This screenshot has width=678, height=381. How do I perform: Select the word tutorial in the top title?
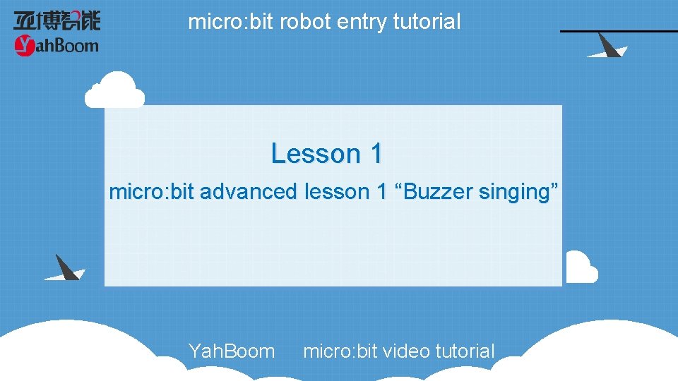point(427,22)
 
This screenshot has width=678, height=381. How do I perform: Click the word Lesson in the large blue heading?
point(315,153)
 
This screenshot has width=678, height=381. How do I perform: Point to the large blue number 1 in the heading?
point(375,153)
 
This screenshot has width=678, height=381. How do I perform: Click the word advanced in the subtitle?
point(249,191)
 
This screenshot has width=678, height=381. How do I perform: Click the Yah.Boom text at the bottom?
point(232,351)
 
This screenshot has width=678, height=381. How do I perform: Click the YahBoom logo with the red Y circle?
point(56,47)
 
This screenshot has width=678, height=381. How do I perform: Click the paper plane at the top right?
point(606,47)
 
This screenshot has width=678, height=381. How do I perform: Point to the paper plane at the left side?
point(64,268)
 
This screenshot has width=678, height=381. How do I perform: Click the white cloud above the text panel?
point(114,90)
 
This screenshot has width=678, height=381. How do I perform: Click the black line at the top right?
point(619,31)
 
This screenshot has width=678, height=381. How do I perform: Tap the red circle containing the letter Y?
point(25,47)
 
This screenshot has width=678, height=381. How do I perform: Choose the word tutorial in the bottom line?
point(465,351)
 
